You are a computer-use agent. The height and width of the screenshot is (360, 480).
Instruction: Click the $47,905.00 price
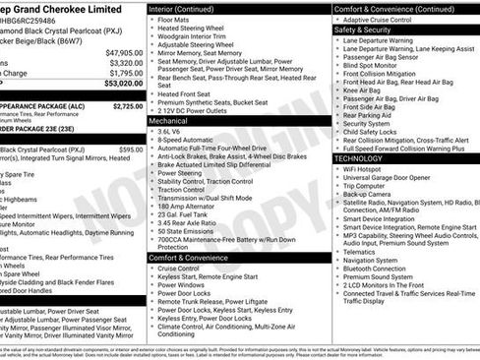pos(124,53)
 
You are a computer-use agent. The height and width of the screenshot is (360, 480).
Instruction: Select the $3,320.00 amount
pos(126,63)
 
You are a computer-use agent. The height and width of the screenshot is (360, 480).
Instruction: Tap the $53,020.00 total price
pos(124,85)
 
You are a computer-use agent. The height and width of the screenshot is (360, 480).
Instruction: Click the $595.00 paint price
pos(130,150)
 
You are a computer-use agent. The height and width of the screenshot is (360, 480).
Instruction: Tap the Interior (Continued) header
pos(188,8)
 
